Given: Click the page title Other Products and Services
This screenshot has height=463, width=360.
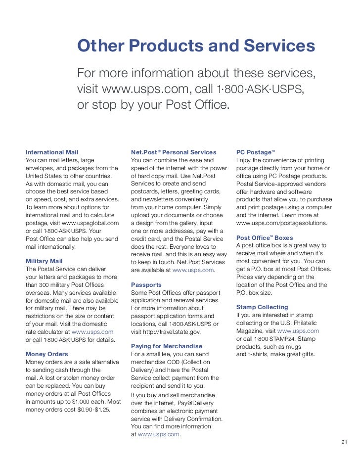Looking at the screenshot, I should (x=196, y=46).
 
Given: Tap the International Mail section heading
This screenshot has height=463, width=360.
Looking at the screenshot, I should (x=52, y=152).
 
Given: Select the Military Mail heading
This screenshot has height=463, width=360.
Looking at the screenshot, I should (x=44, y=261).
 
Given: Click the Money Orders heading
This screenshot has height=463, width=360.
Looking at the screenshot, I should (x=47, y=354).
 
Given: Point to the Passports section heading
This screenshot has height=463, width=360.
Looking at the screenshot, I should (x=146, y=285).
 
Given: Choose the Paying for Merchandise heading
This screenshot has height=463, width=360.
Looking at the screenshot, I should (x=167, y=346).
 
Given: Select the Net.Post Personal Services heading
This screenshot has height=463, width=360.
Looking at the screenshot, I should (x=174, y=152).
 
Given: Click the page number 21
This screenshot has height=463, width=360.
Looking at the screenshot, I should (x=345, y=442).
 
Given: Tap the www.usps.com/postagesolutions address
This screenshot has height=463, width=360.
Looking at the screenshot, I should (x=282, y=223).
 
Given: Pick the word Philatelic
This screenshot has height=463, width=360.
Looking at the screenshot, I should (x=307, y=323).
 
